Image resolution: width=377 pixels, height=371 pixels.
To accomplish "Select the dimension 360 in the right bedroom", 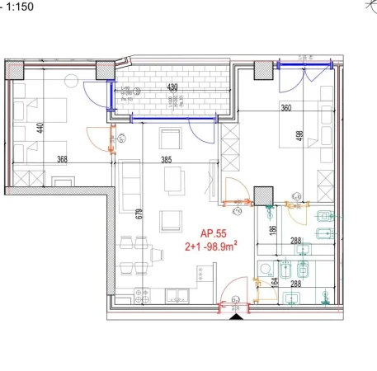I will [x=287, y=108].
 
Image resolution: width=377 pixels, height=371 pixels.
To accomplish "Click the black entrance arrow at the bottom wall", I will [x=238, y=316].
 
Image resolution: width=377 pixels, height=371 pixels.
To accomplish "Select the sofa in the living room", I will [x=130, y=182].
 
